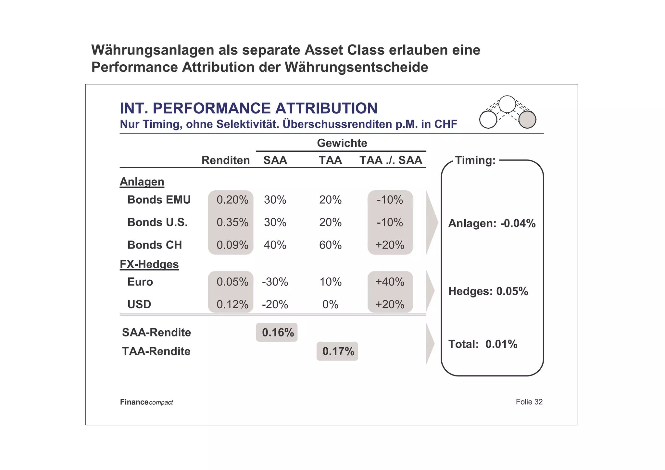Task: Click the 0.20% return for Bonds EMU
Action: pos(232,200)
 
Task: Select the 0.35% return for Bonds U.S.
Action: pos(232,222)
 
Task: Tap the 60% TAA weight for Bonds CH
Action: pos(330,245)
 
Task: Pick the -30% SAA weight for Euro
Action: pos(275,282)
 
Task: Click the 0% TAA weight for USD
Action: pos(330,305)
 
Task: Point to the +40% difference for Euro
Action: pos(390,282)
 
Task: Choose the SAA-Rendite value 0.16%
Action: pos(278,333)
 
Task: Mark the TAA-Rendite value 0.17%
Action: pos(338,351)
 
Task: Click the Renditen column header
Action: pos(226,160)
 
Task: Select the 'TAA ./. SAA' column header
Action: pos(391,160)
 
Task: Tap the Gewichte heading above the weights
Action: pos(342,143)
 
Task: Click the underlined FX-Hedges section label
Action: pos(149,264)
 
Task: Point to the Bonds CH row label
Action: pos(155,245)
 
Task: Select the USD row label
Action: pos(139,305)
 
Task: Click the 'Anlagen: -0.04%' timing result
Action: pos(492,223)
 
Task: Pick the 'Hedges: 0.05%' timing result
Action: pos(488,291)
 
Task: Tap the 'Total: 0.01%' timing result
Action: pos(483,344)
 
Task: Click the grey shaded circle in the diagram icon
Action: pos(527,120)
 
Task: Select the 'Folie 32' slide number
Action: pos(529,402)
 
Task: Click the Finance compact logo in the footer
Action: pos(146,402)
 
